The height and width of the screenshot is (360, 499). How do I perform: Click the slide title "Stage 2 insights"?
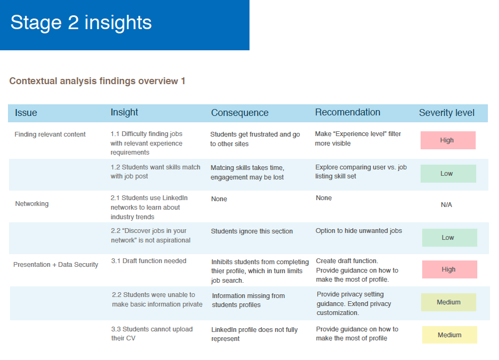[81, 23]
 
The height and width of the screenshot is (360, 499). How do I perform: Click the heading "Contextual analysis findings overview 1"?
[97, 81]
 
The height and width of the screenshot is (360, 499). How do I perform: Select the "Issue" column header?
[26, 113]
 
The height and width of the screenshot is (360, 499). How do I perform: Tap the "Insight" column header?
[124, 112]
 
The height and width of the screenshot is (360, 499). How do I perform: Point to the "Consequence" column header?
[239, 113]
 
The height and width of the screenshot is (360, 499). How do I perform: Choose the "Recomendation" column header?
[347, 112]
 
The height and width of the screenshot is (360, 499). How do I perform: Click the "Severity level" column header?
[447, 113]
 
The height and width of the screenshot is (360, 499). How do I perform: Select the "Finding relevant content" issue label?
[50, 134]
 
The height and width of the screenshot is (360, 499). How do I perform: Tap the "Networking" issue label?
[32, 204]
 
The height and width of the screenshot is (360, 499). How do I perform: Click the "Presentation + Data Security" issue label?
[56, 265]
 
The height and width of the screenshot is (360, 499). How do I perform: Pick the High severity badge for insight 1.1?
[448, 140]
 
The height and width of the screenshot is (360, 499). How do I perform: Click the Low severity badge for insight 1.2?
[448, 174]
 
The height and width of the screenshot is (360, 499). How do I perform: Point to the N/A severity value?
[447, 205]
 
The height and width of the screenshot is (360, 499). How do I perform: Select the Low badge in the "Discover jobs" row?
[449, 238]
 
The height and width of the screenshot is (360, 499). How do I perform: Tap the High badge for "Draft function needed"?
[449, 269]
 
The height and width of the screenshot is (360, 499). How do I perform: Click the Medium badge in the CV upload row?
[449, 335]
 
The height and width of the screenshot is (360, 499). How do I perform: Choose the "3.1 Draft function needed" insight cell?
[149, 261]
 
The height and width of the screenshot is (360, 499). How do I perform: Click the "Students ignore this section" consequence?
[252, 231]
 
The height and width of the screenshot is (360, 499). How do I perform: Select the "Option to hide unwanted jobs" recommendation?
[359, 231]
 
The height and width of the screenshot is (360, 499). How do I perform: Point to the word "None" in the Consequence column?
[219, 199]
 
